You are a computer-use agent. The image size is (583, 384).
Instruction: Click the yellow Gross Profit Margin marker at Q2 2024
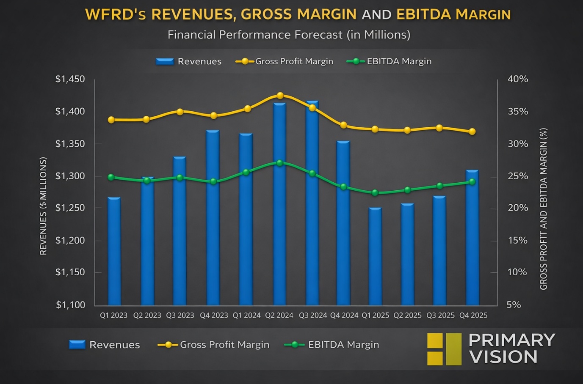(x=280, y=96)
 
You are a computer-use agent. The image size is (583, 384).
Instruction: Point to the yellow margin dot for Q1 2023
(x=111, y=120)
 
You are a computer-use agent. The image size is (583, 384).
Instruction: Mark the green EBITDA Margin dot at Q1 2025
(x=375, y=193)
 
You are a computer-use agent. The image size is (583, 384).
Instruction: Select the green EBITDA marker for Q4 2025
(x=472, y=182)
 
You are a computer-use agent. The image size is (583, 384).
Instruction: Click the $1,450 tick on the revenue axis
(x=70, y=79)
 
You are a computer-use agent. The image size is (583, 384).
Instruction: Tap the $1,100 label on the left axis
(x=70, y=305)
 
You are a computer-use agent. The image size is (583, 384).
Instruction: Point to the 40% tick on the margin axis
(x=517, y=79)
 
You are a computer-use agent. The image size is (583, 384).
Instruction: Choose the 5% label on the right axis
(x=514, y=305)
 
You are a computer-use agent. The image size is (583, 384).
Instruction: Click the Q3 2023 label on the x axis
(x=180, y=315)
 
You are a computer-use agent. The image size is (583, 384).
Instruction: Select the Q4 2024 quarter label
(x=344, y=315)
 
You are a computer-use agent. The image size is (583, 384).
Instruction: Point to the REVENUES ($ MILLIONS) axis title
(x=43, y=206)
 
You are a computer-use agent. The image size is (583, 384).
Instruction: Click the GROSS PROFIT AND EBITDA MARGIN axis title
(x=544, y=209)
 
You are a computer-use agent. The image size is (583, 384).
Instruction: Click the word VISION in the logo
(x=503, y=357)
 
